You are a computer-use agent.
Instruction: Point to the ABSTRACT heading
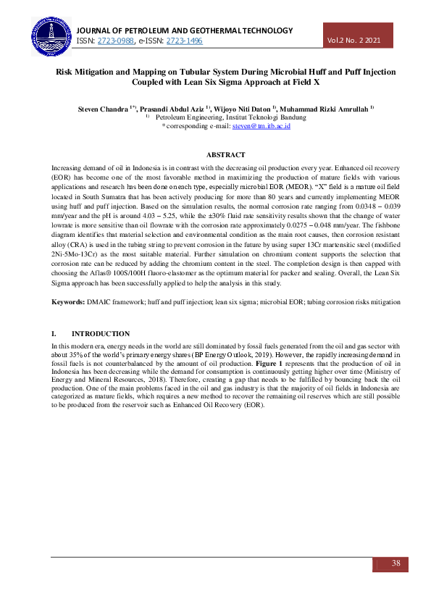click(225, 155)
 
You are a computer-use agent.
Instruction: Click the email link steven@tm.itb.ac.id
click(261, 126)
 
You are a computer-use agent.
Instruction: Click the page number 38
click(396, 563)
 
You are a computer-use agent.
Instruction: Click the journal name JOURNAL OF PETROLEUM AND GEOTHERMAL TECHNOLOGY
click(184, 30)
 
